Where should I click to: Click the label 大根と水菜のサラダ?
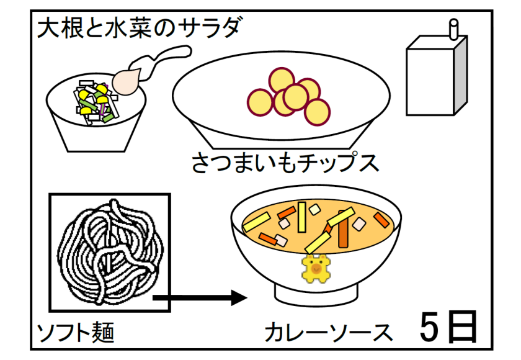click(x=138, y=29)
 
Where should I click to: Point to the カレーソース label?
click(x=329, y=333)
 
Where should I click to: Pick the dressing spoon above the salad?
click(x=139, y=72)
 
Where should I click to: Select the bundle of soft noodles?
click(x=110, y=251)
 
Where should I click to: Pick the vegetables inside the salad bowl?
click(x=95, y=99)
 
